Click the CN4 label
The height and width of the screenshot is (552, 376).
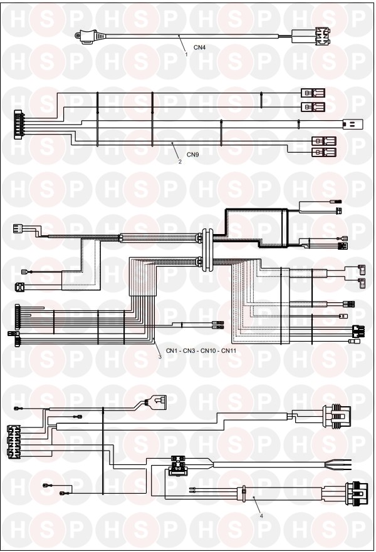pos(199,48)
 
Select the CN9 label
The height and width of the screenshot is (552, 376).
pos(193,155)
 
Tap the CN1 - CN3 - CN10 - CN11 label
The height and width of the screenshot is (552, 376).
pos(201,351)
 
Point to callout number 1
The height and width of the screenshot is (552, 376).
pos(186,54)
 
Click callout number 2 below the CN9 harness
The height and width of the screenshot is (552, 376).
pos(180,161)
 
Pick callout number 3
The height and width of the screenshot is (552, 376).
pos(160,357)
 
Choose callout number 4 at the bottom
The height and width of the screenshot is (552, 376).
pos(261,516)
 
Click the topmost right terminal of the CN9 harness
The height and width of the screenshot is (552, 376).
pos(313,93)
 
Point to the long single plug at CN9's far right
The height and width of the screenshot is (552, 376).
pos(353,125)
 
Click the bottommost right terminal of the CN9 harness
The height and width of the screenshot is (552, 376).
pos(324,153)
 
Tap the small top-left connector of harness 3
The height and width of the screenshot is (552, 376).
pos(18,228)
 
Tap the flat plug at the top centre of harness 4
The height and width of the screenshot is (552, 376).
pos(158,402)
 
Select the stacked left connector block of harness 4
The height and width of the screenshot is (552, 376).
pos(14,442)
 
